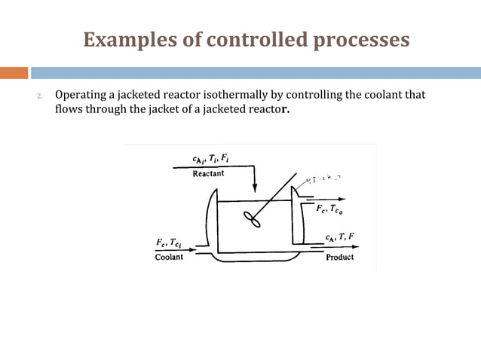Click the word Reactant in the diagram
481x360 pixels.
pyautogui.click(x=208, y=174)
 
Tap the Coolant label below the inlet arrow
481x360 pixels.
pyautogui.click(x=169, y=258)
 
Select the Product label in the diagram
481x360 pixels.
pyautogui.click(x=339, y=258)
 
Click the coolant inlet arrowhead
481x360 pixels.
pyautogui.click(x=194, y=249)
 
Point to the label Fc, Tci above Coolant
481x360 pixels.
pyautogui.click(x=170, y=243)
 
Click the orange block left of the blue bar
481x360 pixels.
pyautogui.click(x=14, y=73)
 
